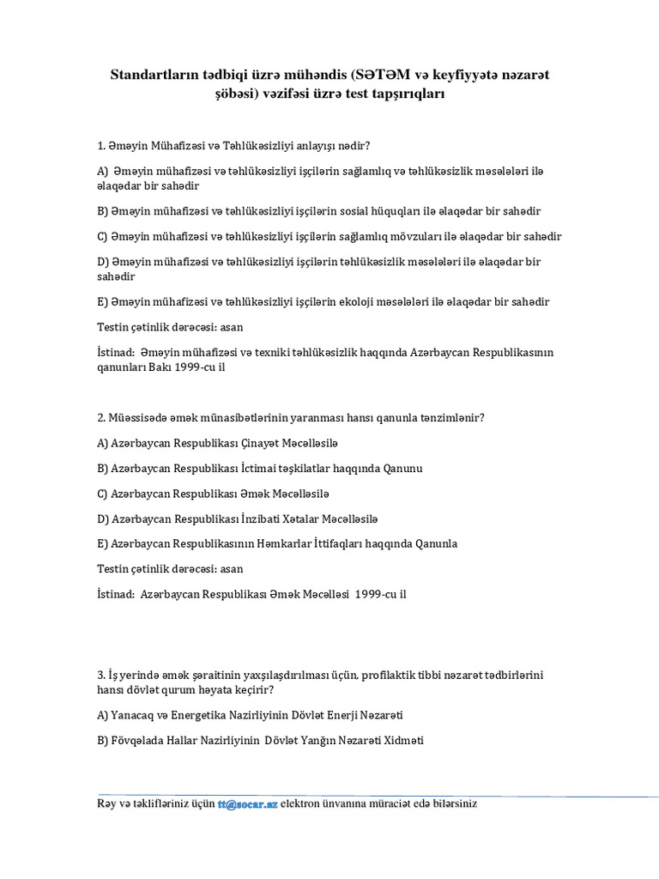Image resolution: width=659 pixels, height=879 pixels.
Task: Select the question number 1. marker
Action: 101,145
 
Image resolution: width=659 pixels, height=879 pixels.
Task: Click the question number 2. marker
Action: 101,418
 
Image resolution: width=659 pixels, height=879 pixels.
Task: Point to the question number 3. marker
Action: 101,676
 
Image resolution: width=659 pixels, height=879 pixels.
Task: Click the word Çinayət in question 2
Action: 269,443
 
